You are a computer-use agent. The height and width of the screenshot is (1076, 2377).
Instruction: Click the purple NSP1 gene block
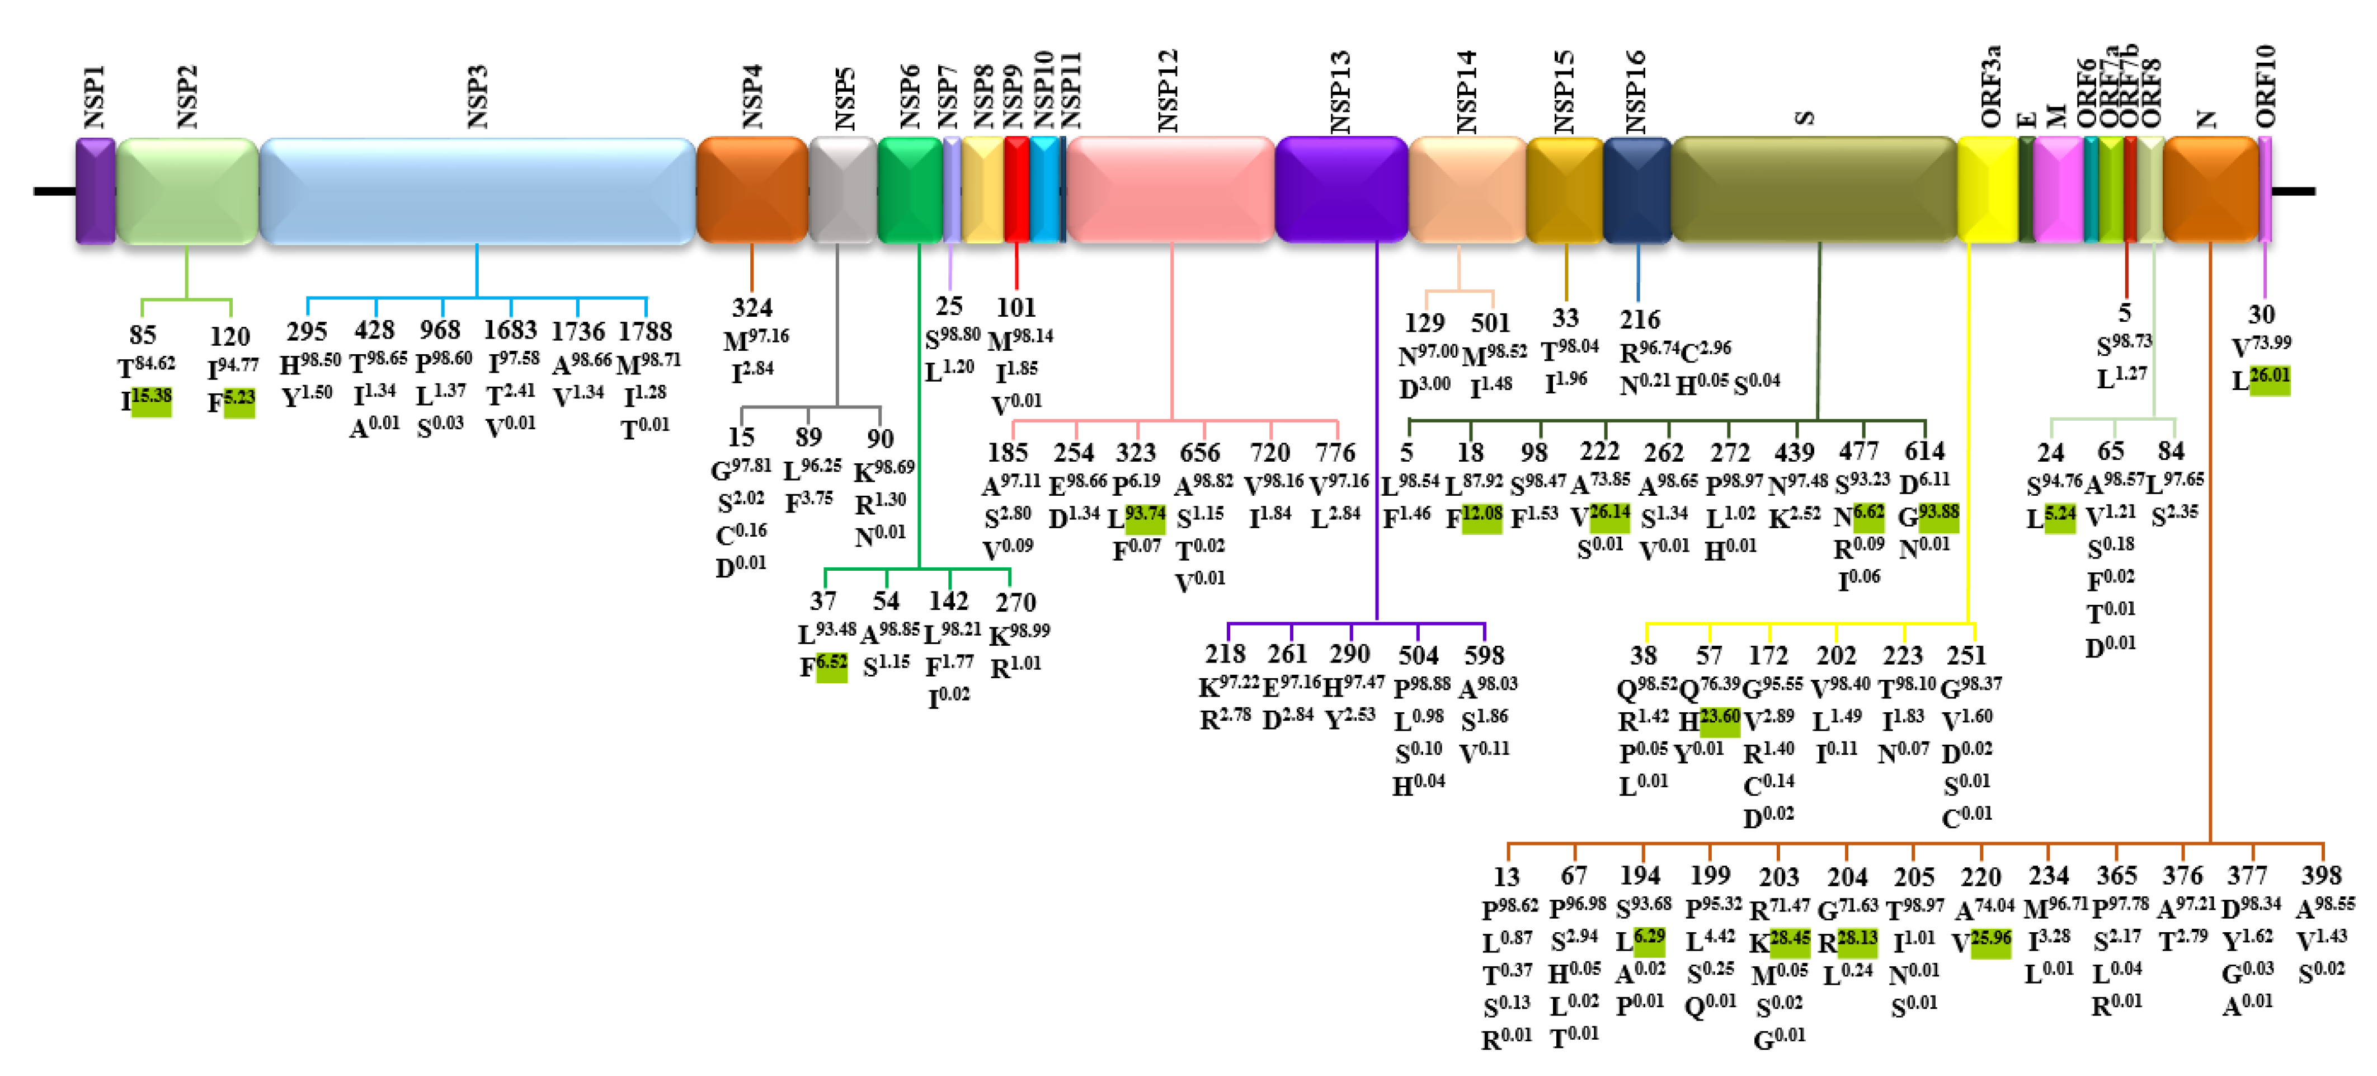click(95, 190)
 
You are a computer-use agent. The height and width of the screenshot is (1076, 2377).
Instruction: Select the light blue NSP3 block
click(477, 190)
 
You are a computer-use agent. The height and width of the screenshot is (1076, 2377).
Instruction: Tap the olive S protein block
click(1813, 190)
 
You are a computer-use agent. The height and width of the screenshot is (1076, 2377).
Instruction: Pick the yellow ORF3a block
click(1987, 190)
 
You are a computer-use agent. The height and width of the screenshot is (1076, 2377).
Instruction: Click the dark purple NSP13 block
click(1341, 190)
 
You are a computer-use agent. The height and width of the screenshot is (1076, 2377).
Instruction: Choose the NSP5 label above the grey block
click(844, 98)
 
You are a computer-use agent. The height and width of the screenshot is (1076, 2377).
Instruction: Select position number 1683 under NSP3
click(510, 330)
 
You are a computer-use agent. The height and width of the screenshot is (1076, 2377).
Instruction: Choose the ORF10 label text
click(2265, 85)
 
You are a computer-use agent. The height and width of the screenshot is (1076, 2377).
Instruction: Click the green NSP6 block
click(909, 190)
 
